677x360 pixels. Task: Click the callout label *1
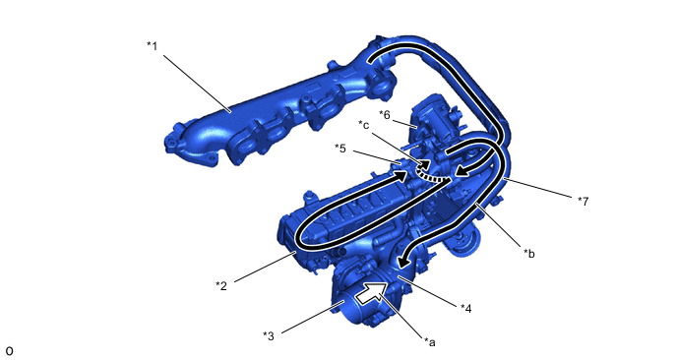[x=152, y=45]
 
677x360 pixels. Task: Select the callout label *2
[x=221, y=285]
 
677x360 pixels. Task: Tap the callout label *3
[x=268, y=335]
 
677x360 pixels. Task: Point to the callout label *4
[x=465, y=308]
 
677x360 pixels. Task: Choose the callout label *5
[x=340, y=149]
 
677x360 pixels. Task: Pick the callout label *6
[x=385, y=114]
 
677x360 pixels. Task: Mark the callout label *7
[x=583, y=201]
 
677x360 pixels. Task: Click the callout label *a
[x=430, y=342]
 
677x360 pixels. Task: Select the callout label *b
[x=529, y=254]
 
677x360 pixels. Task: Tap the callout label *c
[x=364, y=124]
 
